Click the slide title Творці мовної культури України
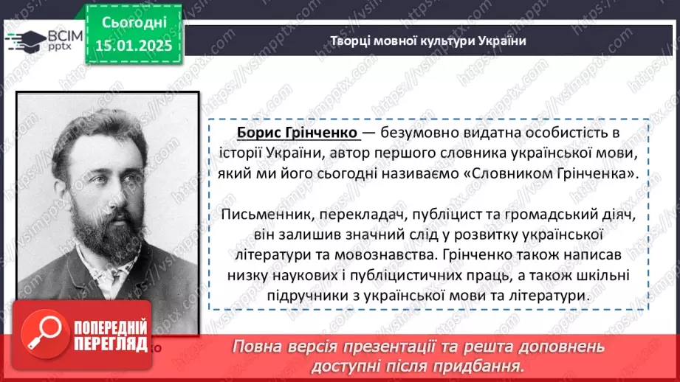pos(427,41)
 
